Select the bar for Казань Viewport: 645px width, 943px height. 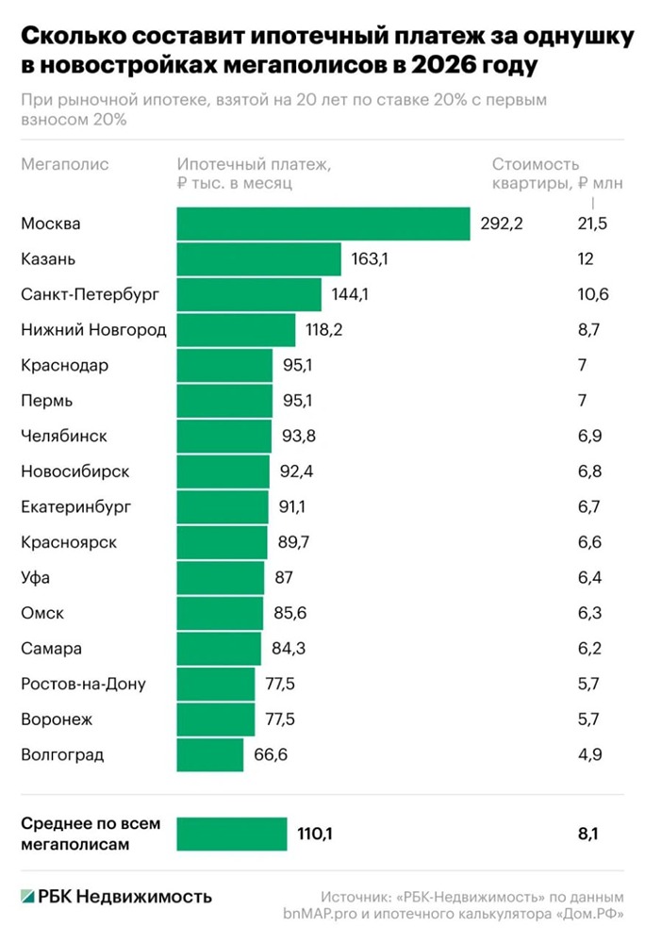(x=258, y=259)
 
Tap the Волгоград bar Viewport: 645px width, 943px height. (x=209, y=755)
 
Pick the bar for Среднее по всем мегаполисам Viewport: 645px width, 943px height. (x=231, y=834)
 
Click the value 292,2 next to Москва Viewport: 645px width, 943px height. (x=501, y=223)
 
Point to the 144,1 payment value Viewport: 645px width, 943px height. (x=350, y=294)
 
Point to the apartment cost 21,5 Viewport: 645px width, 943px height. (x=591, y=223)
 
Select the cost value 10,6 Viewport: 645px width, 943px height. (x=593, y=294)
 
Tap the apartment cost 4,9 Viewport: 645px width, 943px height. (x=589, y=755)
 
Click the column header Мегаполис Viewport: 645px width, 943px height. (x=64, y=164)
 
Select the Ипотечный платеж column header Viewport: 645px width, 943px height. (x=254, y=164)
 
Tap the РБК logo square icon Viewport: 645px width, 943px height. (x=27, y=896)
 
